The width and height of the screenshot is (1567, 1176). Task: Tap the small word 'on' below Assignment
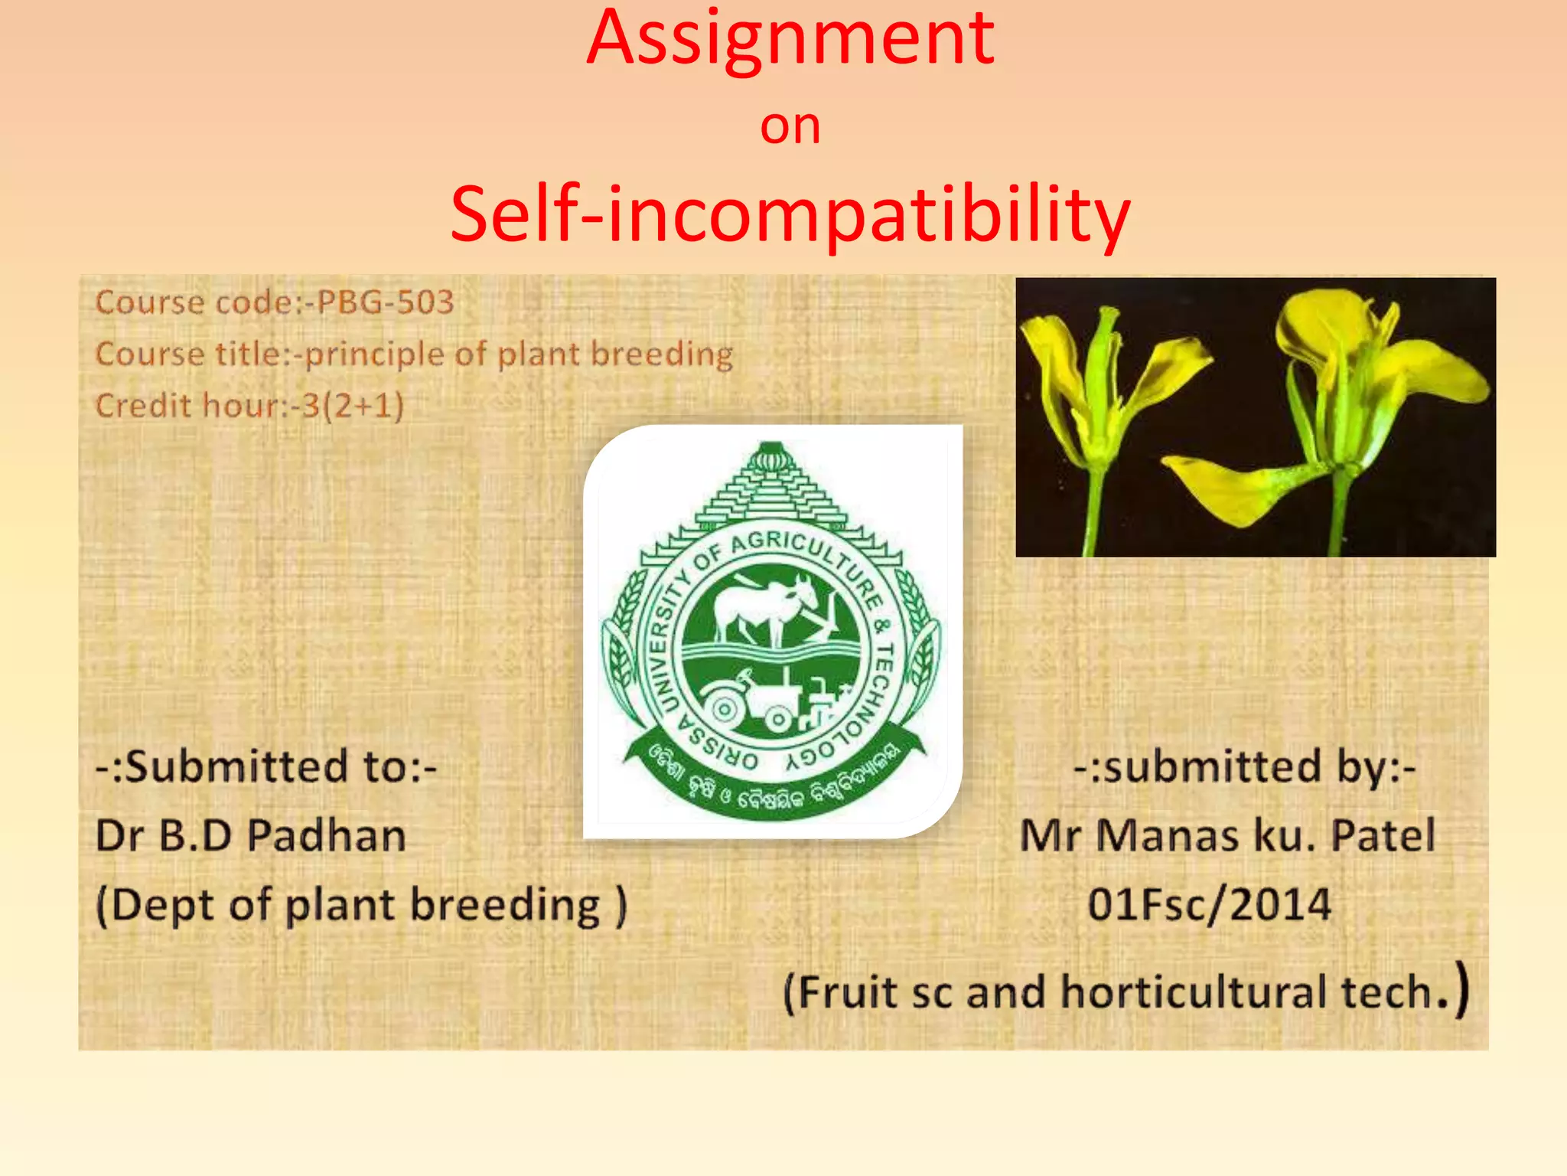790,127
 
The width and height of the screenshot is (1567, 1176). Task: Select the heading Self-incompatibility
790,216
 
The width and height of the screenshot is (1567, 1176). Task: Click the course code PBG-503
385,302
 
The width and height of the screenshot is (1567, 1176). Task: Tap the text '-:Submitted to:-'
266,766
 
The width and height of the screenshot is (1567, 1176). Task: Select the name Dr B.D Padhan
251,835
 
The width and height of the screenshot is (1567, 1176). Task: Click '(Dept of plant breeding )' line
361,906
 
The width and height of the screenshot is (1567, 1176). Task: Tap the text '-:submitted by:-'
1245,766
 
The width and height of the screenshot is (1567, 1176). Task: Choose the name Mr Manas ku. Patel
1227,835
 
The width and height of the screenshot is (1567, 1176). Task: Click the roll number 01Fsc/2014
1210,905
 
